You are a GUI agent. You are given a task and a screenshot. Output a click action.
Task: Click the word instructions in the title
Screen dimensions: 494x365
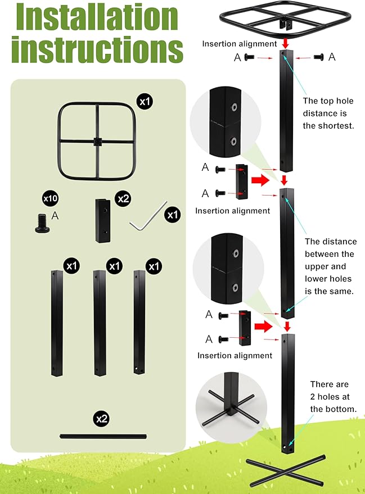pyautogui.click(x=97, y=50)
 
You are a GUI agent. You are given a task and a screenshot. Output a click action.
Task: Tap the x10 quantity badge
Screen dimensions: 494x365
pyautogui.click(x=51, y=198)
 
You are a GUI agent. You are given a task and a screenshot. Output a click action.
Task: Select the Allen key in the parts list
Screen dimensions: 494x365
pyautogui.click(x=148, y=216)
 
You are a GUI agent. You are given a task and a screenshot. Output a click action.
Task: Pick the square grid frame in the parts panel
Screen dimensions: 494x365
pyautogui.click(x=95, y=140)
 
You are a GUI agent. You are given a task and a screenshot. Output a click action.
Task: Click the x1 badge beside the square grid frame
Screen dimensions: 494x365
pyautogui.click(x=145, y=101)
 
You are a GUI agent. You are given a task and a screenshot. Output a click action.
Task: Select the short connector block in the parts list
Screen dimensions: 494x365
pyautogui.click(x=103, y=220)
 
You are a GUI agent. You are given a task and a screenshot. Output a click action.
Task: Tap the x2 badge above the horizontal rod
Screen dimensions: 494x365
pyautogui.click(x=102, y=419)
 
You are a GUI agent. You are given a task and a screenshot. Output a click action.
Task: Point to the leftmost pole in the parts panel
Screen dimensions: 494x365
pyautogui.click(x=56, y=323)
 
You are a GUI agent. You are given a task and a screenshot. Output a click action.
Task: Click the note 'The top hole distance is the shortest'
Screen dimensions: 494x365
pyautogui.click(x=328, y=113)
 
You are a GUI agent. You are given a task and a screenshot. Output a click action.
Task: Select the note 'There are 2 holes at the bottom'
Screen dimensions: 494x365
pyautogui.click(x=333, y=397)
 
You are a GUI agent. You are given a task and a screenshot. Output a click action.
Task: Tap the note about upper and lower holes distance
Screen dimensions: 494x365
pyautogui.click(x=331, y=266)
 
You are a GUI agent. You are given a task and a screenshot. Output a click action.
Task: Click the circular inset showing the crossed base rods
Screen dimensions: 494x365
pyautogui.click(x=228, y=406)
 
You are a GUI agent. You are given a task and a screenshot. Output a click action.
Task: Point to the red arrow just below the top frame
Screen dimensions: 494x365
pyautogui.click(x=286, y=43)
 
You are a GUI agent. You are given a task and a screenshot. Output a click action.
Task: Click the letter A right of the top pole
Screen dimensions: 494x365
pyautogui.click(x=332, y=56)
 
